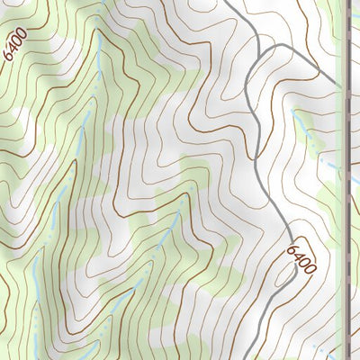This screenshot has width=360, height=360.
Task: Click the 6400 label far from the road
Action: [15, 43]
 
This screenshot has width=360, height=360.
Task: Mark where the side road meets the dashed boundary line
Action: [346, 90]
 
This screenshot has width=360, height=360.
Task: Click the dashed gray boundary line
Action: [347, 180]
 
